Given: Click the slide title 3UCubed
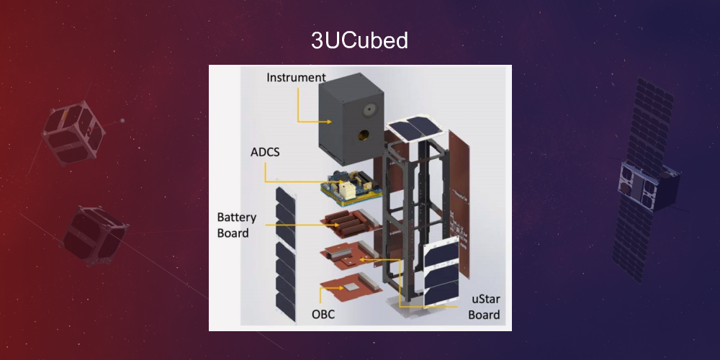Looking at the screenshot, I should point(359,41).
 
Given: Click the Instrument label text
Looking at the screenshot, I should point(296,77).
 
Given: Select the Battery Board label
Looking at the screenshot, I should point(233,224).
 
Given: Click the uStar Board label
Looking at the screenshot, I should point(483,306).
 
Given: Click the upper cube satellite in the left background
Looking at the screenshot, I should point(72,133).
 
